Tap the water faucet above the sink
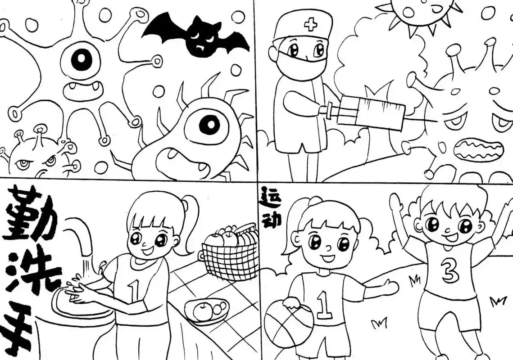click(x=81, y=238)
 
